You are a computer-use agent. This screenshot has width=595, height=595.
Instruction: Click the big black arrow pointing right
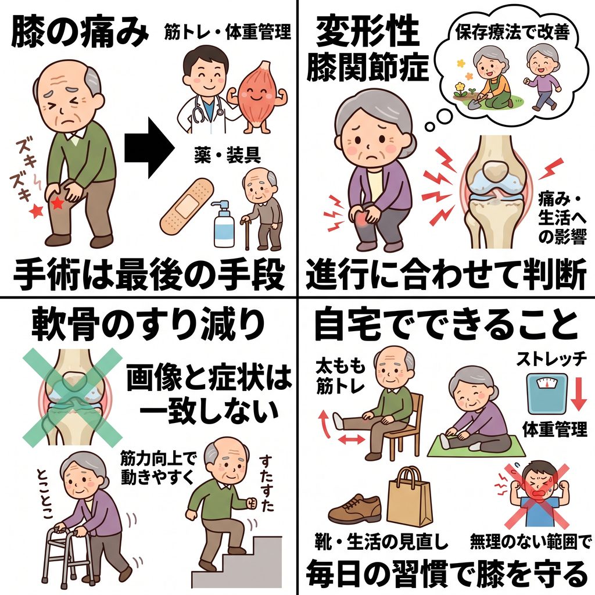tap(150, 148)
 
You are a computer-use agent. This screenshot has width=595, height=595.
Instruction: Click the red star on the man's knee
tap(58, 203)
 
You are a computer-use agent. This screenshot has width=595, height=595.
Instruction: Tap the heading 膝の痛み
tap(80, 33)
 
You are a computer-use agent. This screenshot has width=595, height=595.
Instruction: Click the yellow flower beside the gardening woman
tap(461, 88)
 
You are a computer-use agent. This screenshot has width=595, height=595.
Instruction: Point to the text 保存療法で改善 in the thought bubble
tap(512, 32)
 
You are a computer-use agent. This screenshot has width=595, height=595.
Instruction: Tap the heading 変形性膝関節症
tap(367, 49)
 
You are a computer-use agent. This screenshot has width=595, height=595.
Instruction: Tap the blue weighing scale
tap(547, 393)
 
